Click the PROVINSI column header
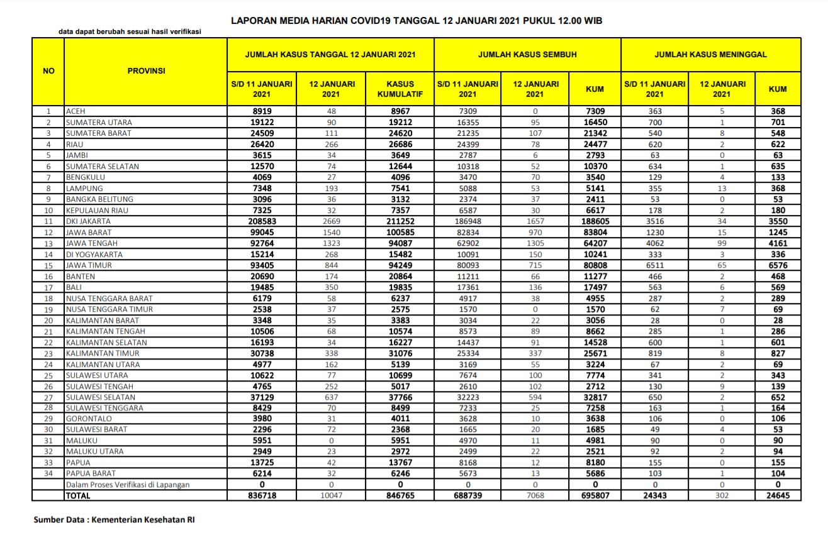tap(146, 71)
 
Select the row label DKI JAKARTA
tap(89, 221)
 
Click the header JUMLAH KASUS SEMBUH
tap(527, 55)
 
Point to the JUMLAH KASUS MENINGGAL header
tap(710, 55)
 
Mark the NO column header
tap(48, 71)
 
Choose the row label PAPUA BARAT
tap(89, 473)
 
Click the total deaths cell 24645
tap(778, 496)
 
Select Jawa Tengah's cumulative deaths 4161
tap(778, 243)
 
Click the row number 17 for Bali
tap(48, 287)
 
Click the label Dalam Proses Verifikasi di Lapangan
tap(128, 485)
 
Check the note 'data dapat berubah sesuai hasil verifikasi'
tap(130, 31)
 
